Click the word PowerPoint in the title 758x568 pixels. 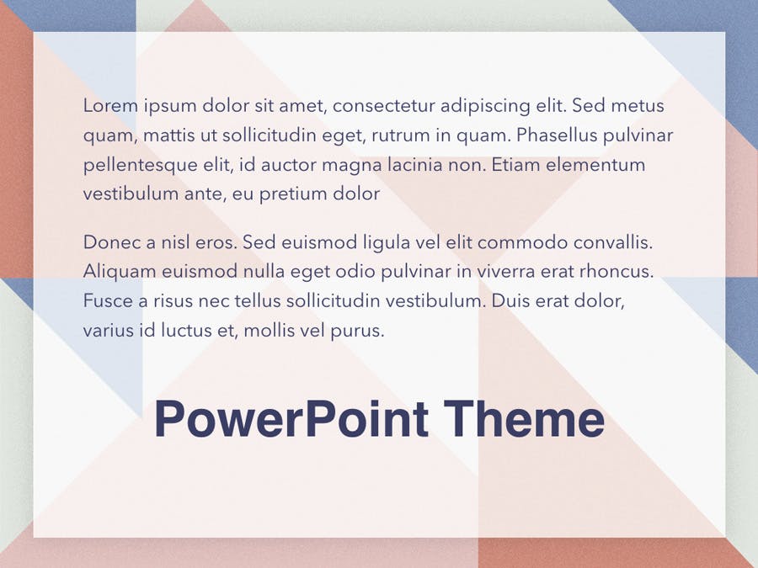pyautogui.click(x=291, y=418)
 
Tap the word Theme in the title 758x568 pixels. pyautogui.click(x=524, y=418)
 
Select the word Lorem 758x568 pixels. pyautogui.click(x=110, y=105)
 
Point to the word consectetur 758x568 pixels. pyautogui.click(x=384, y=106)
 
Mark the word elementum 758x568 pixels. pyautogui.click(x=595, y=165)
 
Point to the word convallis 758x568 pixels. pyautogui.click(x=613, y=242)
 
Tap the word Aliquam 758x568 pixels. pyautogui.click(x=120, y=273)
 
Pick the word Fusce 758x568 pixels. pyautogui.click(x=109, y=301)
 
